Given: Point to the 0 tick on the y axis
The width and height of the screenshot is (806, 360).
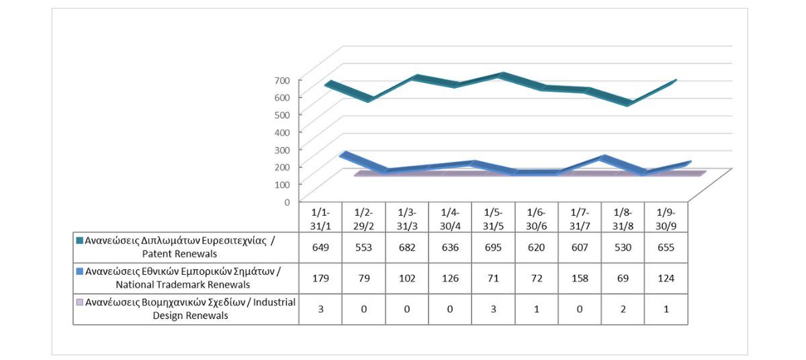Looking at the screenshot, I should pos(287,201).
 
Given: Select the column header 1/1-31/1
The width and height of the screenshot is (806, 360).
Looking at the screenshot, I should pos(320,219).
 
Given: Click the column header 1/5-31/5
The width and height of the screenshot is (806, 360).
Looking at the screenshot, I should pos(493,219).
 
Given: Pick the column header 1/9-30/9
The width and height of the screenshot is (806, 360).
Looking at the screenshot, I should pos(666,219).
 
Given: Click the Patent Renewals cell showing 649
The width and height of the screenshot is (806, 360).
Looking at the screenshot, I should pos(320,247).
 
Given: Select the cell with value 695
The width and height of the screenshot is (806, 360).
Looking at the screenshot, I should pos(493,247).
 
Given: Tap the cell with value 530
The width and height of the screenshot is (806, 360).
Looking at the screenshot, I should pos(623,247).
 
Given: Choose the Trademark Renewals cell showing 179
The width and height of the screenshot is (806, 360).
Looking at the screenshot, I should pos(320,277).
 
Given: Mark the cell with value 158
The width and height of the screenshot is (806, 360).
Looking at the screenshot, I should pos(579,277).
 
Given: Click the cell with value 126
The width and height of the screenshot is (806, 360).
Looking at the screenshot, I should pos(450,277).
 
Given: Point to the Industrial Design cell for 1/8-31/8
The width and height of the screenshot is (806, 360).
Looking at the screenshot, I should pos(623,308).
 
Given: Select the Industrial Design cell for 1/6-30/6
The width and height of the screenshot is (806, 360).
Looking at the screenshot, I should pos(536,308).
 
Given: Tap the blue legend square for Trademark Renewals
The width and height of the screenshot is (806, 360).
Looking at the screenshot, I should pos(80,271).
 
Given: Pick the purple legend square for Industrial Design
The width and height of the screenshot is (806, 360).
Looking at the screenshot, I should pos(80,302).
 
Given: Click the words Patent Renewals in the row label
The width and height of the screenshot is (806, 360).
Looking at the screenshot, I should pos(179,254).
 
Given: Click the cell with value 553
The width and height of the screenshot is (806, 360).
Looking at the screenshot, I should pos(363,247).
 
